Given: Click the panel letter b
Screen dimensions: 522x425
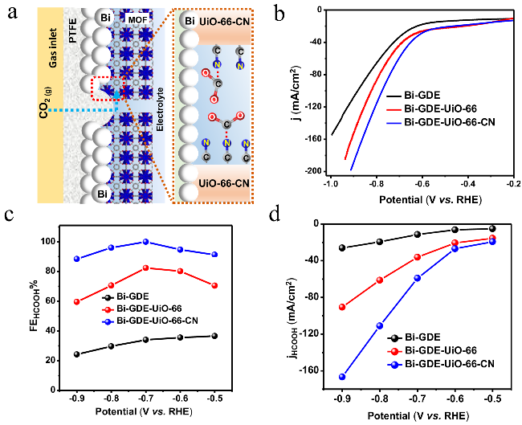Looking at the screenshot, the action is pyautogui.click(x=279, y=14).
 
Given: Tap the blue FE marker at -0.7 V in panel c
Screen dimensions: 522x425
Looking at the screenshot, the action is pyautogui.click(x=145, y=242).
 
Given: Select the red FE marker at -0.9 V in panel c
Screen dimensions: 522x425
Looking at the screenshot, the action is pyautogui.click(x=77, y=302).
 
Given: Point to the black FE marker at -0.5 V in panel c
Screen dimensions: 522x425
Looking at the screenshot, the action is pyautogui.click(x=214, y=336).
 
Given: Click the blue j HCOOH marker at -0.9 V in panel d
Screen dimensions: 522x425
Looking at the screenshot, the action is pyautogui.click(x=342, y=377).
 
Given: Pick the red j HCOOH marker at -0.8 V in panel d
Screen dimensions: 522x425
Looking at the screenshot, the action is pyautogui.click(x=380, y=280).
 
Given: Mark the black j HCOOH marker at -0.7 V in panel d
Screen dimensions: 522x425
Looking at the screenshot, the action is pyautogui.click(x=417, y=234).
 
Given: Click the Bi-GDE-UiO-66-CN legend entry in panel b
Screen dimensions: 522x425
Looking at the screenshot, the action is pyautogui.click(x=441, y=122).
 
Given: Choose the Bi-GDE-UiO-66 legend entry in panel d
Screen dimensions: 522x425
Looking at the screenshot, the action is pyautogui.click(x=432, y=350).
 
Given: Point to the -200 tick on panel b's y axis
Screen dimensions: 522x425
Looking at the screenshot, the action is pyautogui.click(x=313, y=171).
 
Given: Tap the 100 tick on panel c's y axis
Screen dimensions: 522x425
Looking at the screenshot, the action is pyautogui.click(x=49, y=242).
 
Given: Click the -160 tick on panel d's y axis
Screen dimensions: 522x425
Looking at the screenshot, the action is pyautogui.click(x=311, y=370).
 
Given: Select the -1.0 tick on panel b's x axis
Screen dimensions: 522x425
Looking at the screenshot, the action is pyautogui.click(x=331, y=184).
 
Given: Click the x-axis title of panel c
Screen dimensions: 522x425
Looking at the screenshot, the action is pyautogui.click(x=144, y=411).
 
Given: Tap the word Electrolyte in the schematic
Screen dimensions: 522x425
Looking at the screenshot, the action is pyautogui.click(x=160, y=109).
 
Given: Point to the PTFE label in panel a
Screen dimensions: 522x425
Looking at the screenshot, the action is pyautogui.click(x=72, y=31).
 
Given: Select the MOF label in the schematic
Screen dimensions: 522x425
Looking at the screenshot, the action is pyautogui.click(x=137, y=20).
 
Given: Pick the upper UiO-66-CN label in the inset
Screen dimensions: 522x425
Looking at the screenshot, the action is pyautogui.click(x=224, y=22).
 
